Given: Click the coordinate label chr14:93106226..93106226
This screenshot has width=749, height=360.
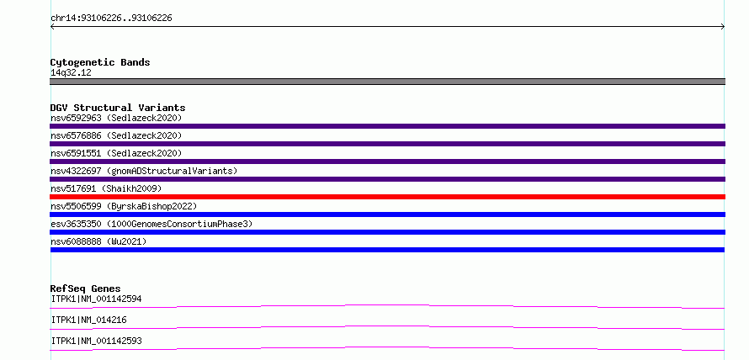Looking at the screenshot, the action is [x=111, y=19].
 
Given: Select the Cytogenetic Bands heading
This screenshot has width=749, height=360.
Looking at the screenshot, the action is [x=100, y=62].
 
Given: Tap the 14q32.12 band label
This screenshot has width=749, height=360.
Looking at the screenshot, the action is [x=71, y=72].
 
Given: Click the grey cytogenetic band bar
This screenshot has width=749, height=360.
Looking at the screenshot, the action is [x=387, y=82].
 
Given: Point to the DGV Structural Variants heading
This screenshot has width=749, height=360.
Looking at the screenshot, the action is [x=118, y=108].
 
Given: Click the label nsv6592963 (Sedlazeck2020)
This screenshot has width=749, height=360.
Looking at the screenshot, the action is [x=116, y=118].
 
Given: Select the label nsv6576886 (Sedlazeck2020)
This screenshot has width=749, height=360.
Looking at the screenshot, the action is [x=116, y=135].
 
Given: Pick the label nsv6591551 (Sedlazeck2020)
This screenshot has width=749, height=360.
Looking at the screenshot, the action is [x=116, y=153].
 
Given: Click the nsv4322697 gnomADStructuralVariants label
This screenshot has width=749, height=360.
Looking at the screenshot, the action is [x=144, y=171].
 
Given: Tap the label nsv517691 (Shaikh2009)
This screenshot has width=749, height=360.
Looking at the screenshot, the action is [x=106, y=188].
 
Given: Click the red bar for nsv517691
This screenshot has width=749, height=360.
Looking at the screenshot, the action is [x=387, y=197].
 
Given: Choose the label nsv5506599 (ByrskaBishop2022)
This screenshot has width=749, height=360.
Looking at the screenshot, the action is [x=124, y=206].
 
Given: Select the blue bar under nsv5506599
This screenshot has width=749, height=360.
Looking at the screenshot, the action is [x=387, y=214].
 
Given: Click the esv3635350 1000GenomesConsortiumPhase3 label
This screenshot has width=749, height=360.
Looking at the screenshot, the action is [x=151, y=224].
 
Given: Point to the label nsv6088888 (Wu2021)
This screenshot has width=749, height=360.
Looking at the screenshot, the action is [x=98, y=241].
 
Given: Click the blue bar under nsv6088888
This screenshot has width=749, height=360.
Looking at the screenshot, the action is [x=387, y=250].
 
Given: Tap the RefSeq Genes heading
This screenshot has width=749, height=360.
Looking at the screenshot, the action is [x=85, y=289].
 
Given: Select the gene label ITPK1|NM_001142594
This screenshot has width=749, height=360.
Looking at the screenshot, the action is [x=96, y=299].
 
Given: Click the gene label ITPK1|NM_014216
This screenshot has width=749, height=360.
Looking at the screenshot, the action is [x=88, y=320].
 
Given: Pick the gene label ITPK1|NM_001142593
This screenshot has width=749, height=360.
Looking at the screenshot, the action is [x=96, y=341].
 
